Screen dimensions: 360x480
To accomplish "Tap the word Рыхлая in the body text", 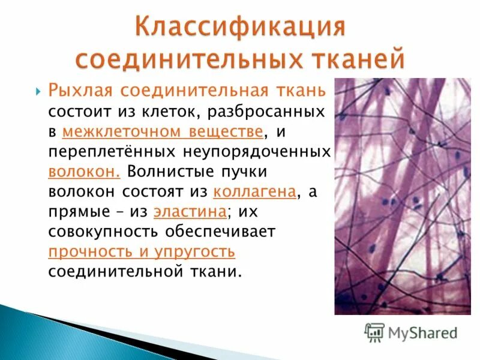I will pos(80,91).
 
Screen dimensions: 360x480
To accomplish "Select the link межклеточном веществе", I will pos(163,131).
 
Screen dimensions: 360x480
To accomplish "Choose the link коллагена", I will pos(255,191).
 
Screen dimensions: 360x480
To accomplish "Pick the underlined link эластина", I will pos(190,211).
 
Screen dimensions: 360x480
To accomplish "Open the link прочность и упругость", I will pos(141,251).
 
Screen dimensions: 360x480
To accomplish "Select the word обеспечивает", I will pos(234,231).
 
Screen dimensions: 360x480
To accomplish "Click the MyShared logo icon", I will pos(374,332).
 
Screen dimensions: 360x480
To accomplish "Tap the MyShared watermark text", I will pos(423,332).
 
